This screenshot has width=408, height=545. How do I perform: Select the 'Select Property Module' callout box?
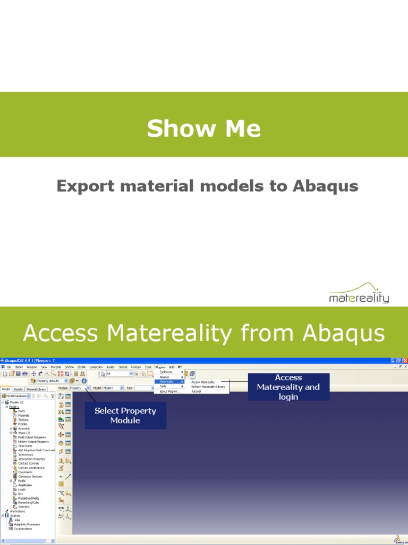tap(125, 416)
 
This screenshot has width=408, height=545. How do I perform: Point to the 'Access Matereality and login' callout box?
tap(288, 387)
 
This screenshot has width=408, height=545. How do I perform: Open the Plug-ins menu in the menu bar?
tap(160, 367)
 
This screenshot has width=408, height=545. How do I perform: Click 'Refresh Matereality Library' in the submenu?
tap(208, 386)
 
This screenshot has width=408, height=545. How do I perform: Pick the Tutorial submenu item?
tap(197, 391)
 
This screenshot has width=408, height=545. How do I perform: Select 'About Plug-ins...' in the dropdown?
tap(170, 391)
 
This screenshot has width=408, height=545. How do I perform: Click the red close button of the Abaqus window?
tap(405, 360)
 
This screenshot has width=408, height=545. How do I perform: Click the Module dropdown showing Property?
tap(80, 388)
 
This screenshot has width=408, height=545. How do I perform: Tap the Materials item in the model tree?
tap(24, 415)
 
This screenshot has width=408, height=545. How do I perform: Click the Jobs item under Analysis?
tap(18, 520)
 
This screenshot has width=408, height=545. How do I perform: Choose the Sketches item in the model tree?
tap(24, 507)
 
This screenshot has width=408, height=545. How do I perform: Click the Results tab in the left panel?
tap(18, 389)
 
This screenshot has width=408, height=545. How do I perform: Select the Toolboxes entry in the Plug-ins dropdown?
tap(167, 371)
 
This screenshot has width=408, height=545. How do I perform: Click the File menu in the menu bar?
tap(9, 367)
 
